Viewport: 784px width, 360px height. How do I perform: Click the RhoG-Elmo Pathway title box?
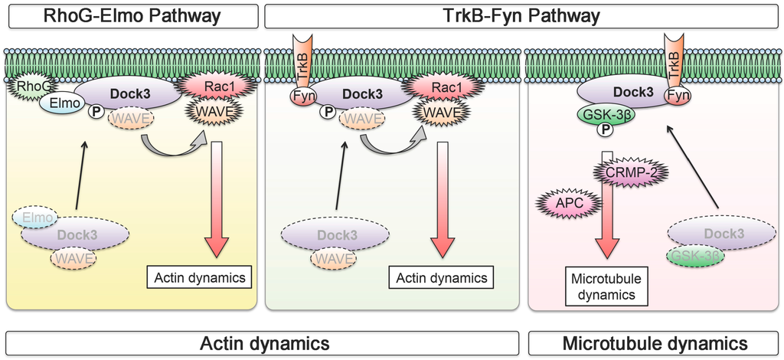tap(132, 16)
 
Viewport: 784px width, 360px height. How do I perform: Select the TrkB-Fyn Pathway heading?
tap(521, 16)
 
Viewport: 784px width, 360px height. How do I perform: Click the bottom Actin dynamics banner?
tap(263, 343)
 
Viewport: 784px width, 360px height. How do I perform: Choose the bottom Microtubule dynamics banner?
tap(655, 343)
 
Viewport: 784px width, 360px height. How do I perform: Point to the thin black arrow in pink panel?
tap(692, 168)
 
